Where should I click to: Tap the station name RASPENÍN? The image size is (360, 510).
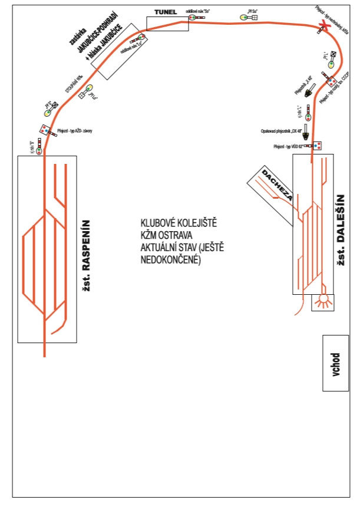tap(87, 254)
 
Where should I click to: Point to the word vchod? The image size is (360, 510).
tap(335, 364)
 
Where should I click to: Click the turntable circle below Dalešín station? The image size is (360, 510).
tap(322, 302)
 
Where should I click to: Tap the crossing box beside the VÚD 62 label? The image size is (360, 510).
tap(317, 145)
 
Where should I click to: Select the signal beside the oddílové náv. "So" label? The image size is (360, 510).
tap(194, 18)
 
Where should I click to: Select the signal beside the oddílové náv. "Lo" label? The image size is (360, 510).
tap(141, 39)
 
